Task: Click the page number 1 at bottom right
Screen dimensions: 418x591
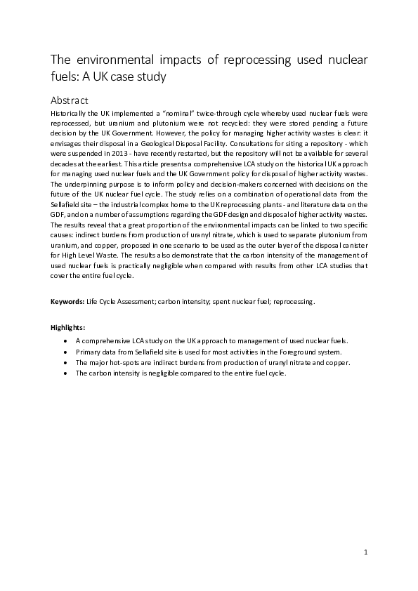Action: pyautogui.click(x=366, y=552)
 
